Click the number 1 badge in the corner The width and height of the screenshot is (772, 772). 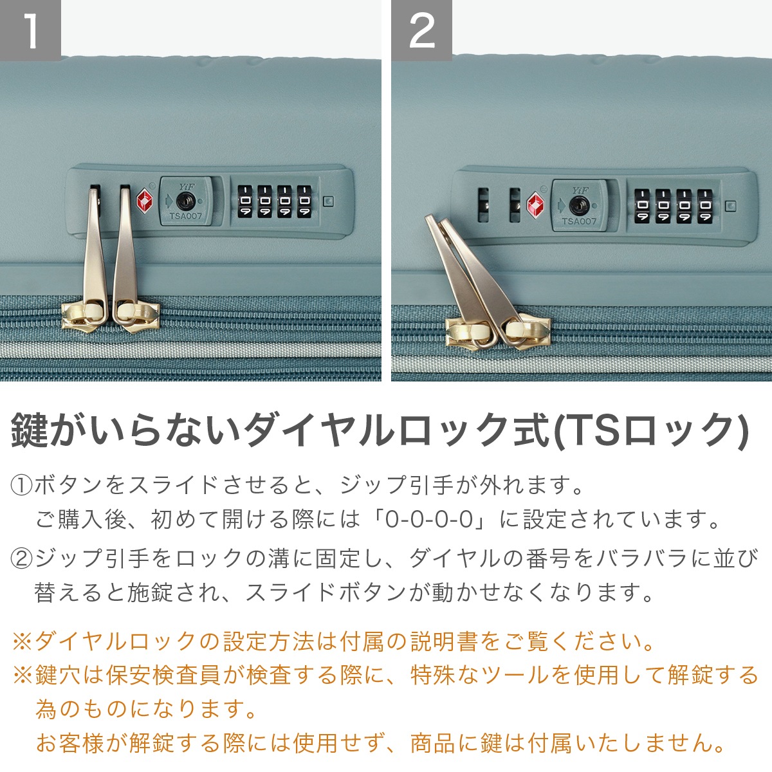[30, 30]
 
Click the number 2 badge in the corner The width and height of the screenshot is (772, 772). [421, 30]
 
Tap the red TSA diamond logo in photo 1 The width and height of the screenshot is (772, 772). [144, 200]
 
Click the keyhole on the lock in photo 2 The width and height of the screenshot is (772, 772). [578, 206]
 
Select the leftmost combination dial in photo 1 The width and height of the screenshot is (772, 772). [245, 201]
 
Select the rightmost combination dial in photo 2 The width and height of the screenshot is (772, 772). [706, 207]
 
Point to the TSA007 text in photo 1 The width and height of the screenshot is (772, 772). [185, 216]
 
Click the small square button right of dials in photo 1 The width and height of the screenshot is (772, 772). [328, 201]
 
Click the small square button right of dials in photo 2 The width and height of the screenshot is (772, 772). [730, 206]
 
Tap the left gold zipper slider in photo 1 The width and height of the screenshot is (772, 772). [82, 315]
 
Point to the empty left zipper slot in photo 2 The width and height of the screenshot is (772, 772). [482, 206]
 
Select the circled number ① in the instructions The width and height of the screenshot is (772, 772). [21, 485]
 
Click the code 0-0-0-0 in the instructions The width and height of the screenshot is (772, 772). [428, 519]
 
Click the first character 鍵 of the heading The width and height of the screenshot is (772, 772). [30, 429]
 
